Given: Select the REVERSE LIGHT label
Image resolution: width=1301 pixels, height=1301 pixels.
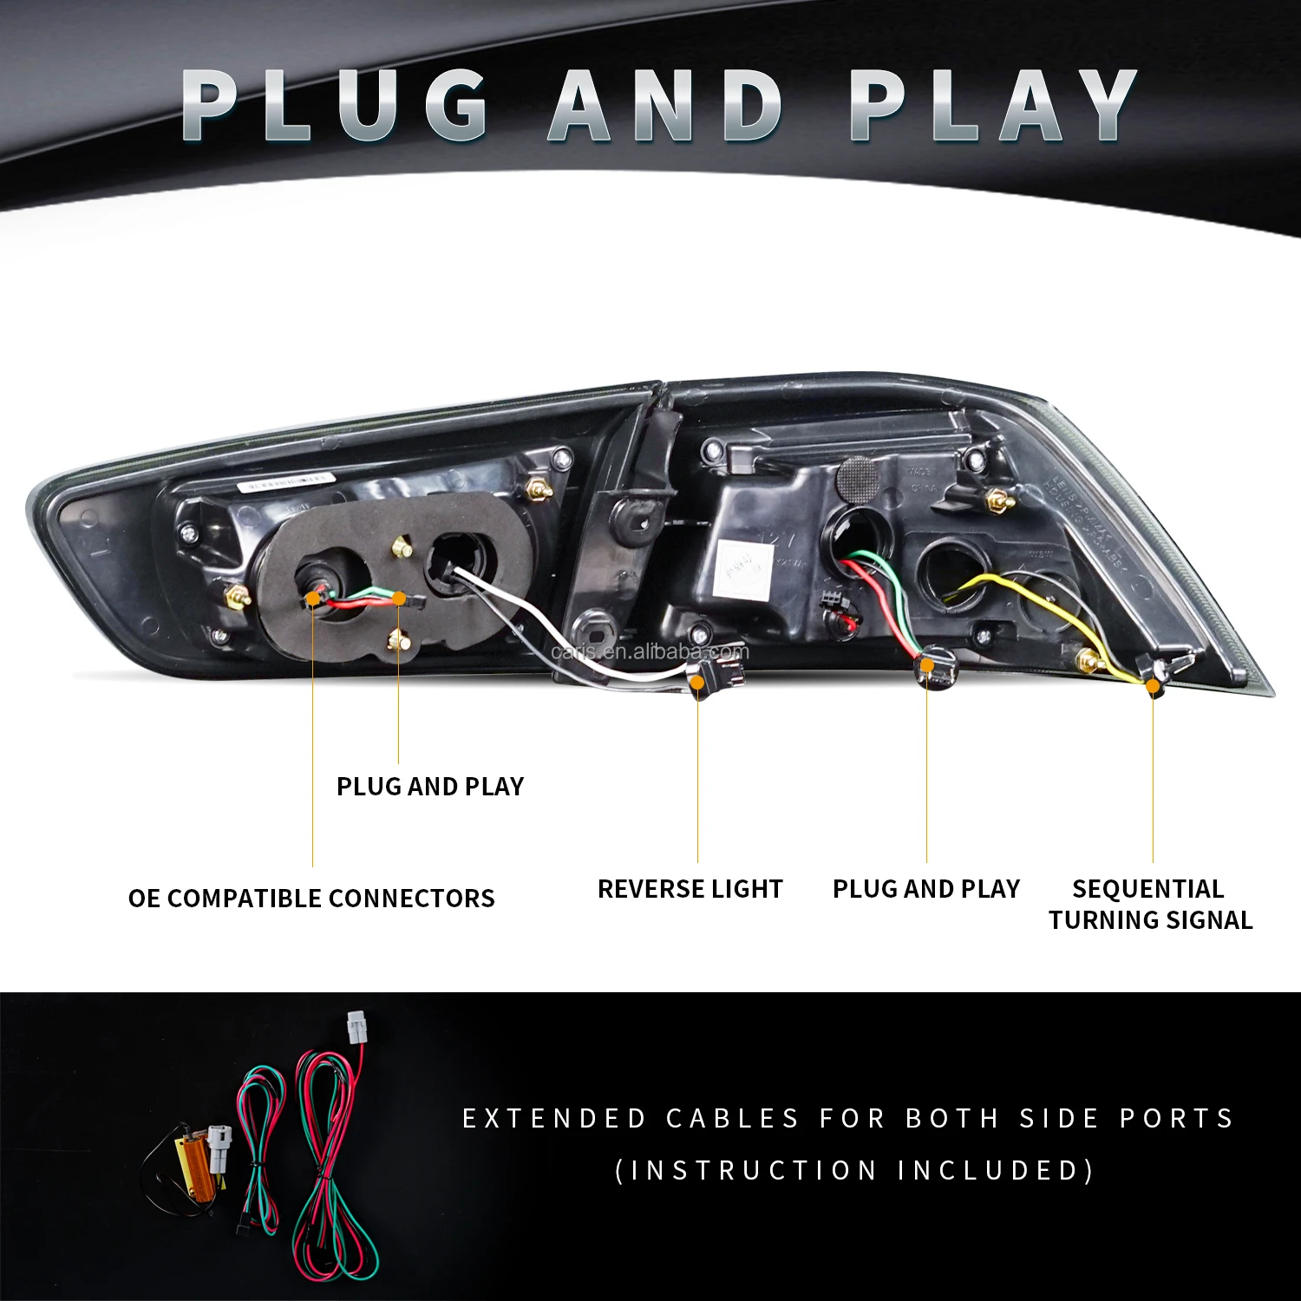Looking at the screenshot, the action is point(690,889).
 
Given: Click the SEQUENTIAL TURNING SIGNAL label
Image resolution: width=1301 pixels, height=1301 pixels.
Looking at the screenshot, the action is point(1150,904).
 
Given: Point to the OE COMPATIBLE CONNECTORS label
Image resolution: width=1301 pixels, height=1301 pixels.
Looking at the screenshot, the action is point(311,898).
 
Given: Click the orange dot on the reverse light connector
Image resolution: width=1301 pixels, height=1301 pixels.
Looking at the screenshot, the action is point(697,683).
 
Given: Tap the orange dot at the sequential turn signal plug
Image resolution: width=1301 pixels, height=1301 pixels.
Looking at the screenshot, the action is point(1153,686).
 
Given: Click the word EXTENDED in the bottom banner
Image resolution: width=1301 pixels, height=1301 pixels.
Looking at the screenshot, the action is point(554,1118).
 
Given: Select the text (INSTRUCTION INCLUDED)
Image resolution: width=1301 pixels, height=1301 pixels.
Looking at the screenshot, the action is point(854,1170).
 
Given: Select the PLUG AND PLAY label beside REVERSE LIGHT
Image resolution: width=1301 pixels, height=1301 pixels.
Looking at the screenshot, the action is point(925,889).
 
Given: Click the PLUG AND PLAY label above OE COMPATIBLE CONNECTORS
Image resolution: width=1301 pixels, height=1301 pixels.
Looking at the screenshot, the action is point(430,786).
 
